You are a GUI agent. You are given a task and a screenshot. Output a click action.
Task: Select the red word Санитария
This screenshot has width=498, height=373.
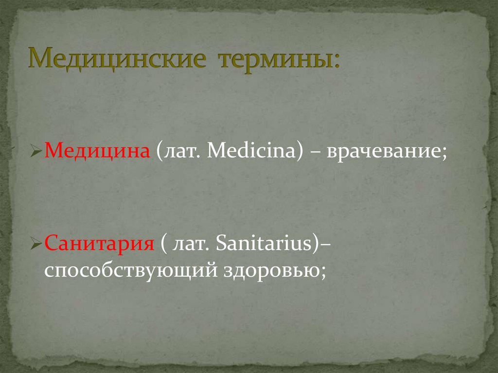coord(99,243)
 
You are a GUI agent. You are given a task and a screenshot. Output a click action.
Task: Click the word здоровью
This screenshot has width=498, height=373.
coord(273,268)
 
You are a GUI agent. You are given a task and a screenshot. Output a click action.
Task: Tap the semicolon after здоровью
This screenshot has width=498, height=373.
coord(323,270)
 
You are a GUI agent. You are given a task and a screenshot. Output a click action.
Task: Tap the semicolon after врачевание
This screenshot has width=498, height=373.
coord(444,154)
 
